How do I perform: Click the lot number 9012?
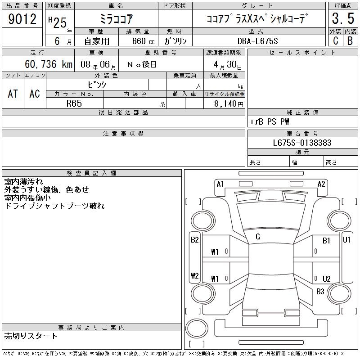pos(22,20)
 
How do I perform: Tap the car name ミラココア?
pos(116,19)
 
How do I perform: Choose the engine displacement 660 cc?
pos(142,41)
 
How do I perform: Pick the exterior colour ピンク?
pos(97,84)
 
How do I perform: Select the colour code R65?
pos(74,103)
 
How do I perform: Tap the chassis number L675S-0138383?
pos(302,143)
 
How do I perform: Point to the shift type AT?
pos(13,94)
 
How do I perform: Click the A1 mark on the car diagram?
pos(220,184)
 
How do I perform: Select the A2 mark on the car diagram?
pos(321,184)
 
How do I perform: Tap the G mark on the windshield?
pos(258,237)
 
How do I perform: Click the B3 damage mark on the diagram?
pos(320,291)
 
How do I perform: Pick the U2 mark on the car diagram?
pos(326,279)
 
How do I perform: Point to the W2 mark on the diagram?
pos(195,275)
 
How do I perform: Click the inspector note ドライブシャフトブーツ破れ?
pos(54,206)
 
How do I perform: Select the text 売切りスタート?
pos(31,336)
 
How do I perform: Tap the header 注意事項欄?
pos(123,134)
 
